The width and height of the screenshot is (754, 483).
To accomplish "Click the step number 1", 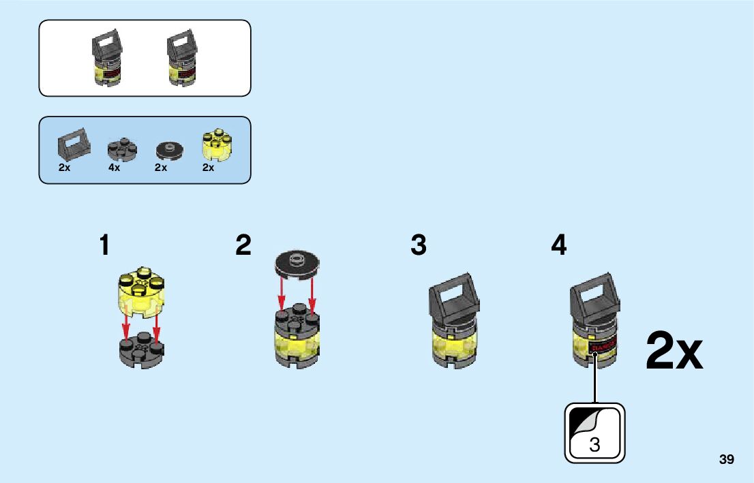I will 104,245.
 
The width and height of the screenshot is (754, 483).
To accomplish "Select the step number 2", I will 243,245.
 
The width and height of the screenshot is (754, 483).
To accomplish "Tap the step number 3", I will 419,245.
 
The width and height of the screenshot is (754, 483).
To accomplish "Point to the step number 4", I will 559,245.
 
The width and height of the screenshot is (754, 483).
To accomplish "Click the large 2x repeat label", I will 674,352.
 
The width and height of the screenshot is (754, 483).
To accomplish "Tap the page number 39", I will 727,460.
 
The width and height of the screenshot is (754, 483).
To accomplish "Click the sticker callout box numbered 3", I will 594,433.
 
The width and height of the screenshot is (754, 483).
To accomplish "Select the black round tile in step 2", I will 297,262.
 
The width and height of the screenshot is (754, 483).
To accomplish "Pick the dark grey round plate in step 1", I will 141,349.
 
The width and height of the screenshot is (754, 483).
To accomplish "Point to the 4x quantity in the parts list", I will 114,168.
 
